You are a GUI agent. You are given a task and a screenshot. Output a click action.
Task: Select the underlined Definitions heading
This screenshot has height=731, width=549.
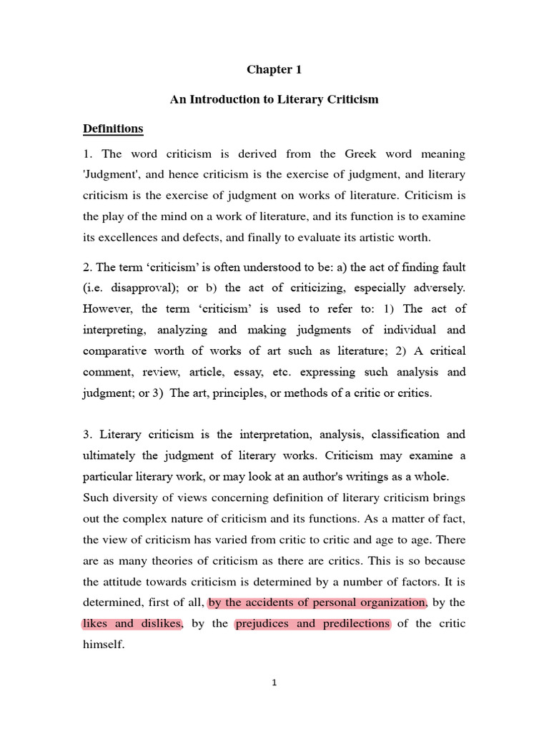coord(113,129)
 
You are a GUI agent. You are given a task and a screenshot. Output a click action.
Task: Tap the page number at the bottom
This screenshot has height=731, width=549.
coord(274,682)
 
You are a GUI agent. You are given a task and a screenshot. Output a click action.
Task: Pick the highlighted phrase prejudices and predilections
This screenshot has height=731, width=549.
coord(312,623)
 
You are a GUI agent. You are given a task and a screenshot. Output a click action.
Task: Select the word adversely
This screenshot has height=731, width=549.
coord(435,288)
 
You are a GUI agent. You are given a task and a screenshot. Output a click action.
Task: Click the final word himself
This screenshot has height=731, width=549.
coord(104,644)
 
